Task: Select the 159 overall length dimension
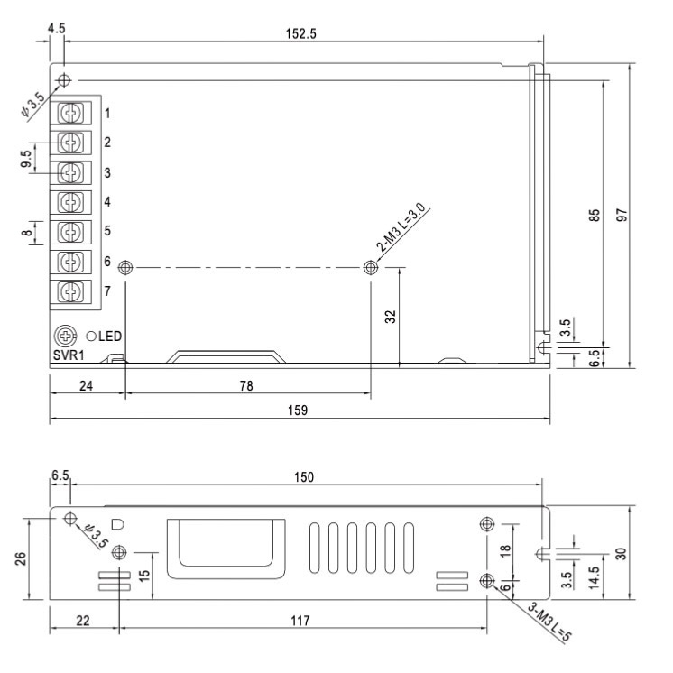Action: point(299,410)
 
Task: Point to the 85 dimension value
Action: point(595,216)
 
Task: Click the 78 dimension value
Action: point(245,385)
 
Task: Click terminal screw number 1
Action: point(77,114)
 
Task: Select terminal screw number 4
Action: point(77,201)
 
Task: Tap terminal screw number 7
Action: point(77,290)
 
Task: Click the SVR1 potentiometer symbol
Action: point(65,336)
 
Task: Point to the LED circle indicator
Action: point(92,336)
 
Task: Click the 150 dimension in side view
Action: point(309,477)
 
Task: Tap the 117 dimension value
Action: point(300,622)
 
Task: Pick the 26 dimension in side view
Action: point(21,557)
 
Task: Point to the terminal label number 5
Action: point(106,231)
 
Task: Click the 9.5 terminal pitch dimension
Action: point(27,157)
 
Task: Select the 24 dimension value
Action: point(87,385)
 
